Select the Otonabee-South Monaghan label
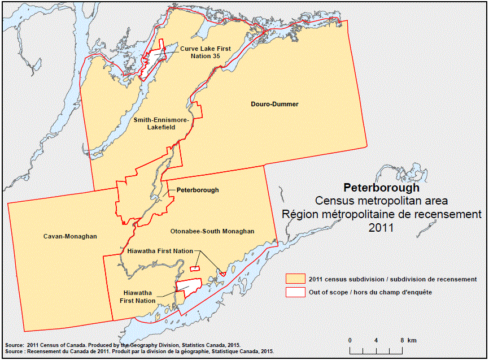(x=212, y=231)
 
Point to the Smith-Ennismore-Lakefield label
(x=161, y=124)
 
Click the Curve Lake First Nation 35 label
(x=206, y=53)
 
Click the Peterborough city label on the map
(x=197, y=190)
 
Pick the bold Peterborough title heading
(x=381, y=188)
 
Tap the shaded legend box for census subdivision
(x=295, y=279)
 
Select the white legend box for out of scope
(x=295, y=292)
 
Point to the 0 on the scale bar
(x=350, y=340)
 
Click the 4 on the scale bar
(x=376, y=340)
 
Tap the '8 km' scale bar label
(x=407, y=340)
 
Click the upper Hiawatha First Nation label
(x=160, y=250)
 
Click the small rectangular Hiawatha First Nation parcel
(x=195, y=268)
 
